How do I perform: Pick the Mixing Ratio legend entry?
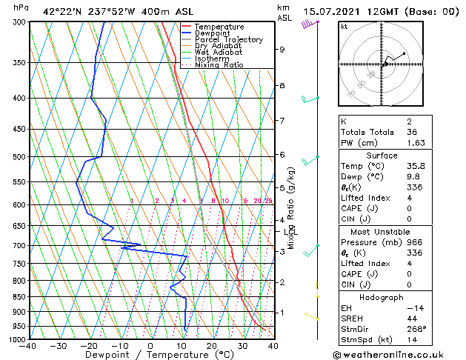220,65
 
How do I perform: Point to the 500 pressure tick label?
19,157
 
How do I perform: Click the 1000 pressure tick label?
16,339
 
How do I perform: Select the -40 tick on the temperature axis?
28,346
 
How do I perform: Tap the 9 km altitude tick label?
282,50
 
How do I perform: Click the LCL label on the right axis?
290,232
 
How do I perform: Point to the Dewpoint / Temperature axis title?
149,355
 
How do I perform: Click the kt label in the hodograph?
344,26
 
